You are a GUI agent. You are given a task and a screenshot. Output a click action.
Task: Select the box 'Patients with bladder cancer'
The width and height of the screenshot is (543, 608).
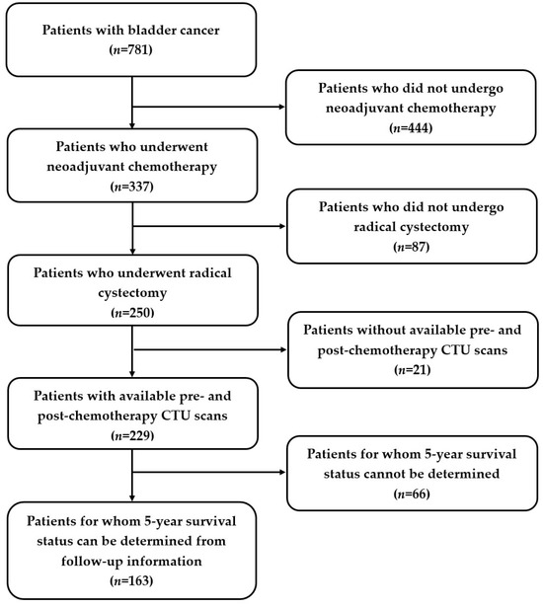pyautogui.click(x=132, y=37)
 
